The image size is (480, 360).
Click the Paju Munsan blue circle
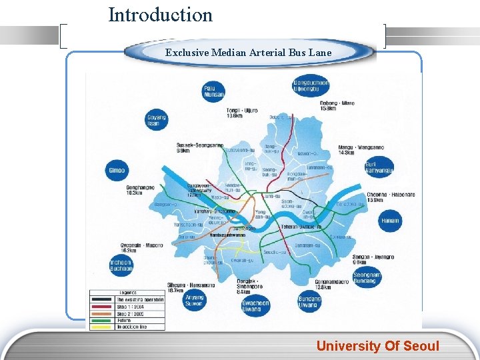[x=214, y=92]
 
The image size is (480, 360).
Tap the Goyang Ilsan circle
[x=156, y=120]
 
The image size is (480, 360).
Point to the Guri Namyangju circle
[x=379, y=167]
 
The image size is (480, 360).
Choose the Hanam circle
[x=390, y=221]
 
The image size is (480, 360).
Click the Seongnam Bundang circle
[x=366, y=277]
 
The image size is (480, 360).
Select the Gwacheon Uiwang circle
[x=255, y=306]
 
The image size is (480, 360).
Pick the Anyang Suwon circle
[x=195, y=301]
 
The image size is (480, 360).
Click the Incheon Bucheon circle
[x=121, y=265]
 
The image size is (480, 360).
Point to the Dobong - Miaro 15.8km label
[x=337, y=105]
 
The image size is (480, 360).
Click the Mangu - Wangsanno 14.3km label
[x=356, y=149]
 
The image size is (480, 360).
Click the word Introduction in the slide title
[x=160, y=15]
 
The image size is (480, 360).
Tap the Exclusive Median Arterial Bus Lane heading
[x=248, y=52]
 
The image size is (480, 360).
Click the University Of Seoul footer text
[x=377, y=346]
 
